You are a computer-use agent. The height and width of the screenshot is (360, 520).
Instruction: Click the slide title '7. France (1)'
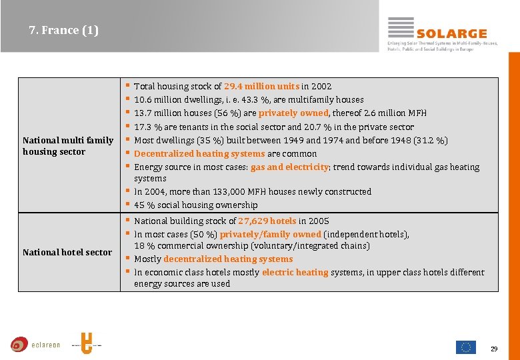pyautogui.click(x=64, y=30)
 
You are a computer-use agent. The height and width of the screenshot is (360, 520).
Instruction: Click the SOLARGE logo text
pyautogui.click(x=451, y=33)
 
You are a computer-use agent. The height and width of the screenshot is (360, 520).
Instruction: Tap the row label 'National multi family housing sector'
pyautogui.click(x=68, y=146)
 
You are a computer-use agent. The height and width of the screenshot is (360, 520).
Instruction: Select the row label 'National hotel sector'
pyautogui.click(x=67, y=252)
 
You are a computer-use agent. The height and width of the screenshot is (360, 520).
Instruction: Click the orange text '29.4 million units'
pyautogui.click(x=261, y=86)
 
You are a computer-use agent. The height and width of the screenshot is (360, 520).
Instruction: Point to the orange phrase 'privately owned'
pyautogui.click(x=293, y=113)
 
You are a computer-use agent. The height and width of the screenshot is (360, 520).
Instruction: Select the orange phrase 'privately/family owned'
pyautogui.click(x=270, y=234)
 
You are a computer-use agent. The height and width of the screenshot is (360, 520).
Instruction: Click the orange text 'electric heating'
pyautogui.click(x=295, y=272)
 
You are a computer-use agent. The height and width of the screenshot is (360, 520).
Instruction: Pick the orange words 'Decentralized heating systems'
pyautogui.click(x=199, y=153)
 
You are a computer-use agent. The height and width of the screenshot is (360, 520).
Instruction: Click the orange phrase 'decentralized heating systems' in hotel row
pyautogui.click(x=228, y=259)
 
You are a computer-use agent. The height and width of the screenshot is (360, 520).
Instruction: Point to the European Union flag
pyautogui.click(x=465, y=347)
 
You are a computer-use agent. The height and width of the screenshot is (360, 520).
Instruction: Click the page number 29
pyautogui.click(x=494, y=349)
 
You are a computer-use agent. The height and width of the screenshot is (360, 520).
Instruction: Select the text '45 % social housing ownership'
pyautogui.click(x=195, y=205)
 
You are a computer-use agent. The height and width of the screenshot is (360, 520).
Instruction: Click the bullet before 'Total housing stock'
pyautogui.click(x=127, y=86)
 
